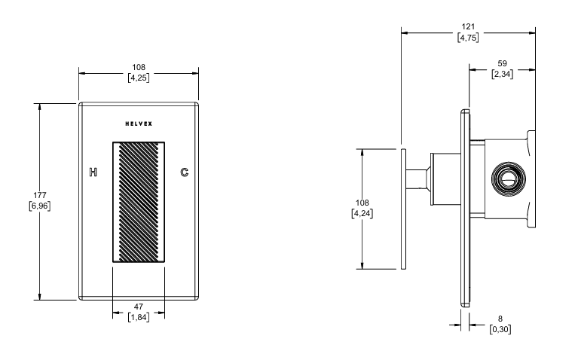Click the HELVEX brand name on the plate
(x=139, y=124)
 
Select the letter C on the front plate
(x=185, y=172)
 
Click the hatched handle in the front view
(x=139, y=201)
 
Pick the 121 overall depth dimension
(x=468, y=27)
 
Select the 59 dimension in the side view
(x=503, y=64)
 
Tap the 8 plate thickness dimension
(x=498, y=319)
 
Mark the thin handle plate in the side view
(x=404, y=208)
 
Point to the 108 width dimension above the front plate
(x=139, y=67)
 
